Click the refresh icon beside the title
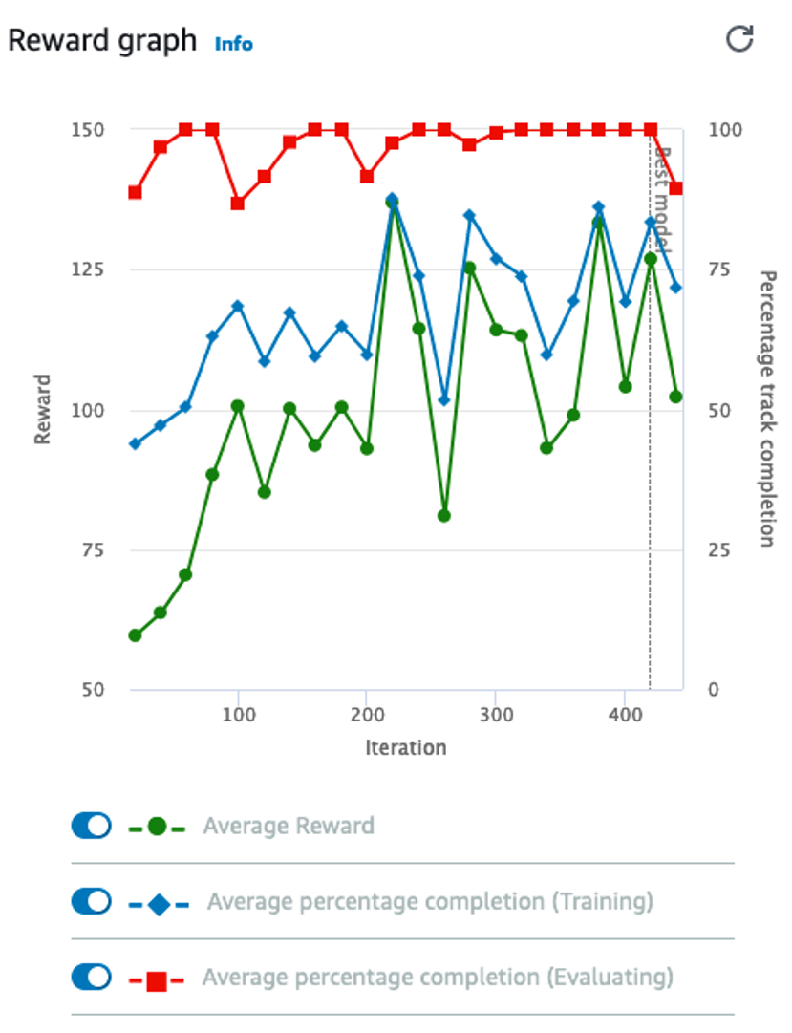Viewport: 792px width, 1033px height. pyautogui.click(x=739, y=39)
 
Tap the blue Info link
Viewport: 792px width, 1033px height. pyautogui.click(x=234, y=44)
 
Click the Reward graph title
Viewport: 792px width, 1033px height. pyautogui.click(x=102, y=41)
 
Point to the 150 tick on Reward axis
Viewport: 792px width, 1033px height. pyautogui.click(x=89, y=130)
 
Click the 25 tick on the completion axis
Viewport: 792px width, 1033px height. pyautogui.click(x=720, y=550)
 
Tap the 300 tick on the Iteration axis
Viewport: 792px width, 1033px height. pyautogui.click(x=495, y=716)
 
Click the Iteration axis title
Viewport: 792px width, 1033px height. pyautogui.click(x=405, y=747)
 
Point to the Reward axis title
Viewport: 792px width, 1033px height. pyautogui.click(x=42, y=409)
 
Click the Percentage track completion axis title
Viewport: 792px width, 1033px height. pyautogui.click(x=766, y=409)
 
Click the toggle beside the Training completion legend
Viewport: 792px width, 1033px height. pyautogui.click(x=92, y=901)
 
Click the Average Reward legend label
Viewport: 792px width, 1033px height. pyautogui.click(x=288, y=826)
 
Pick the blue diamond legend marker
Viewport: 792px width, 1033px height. pyautogui.click(x=159, y=903)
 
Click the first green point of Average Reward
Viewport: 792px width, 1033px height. pyautogui.click(x=135, y=635)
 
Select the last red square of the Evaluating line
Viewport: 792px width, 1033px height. pyautogui.click(x=676, y=188)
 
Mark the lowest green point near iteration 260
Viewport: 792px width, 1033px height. pyautogui.click(x=443, y=516)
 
